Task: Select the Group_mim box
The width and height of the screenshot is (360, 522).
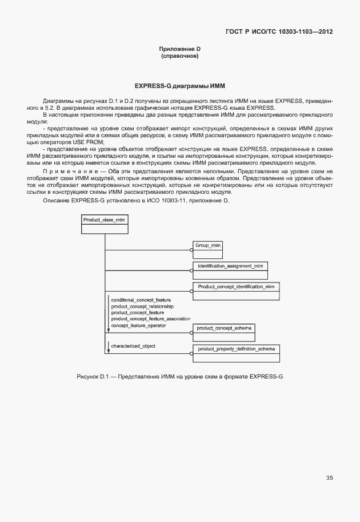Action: pos(208,249)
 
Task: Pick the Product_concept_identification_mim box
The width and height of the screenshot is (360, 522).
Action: pos(237,290)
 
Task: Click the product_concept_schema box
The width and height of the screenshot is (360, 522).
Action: pos(224,333)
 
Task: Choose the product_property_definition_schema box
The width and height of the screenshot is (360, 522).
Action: pos(236,353)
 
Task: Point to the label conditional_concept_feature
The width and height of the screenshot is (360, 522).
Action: pos(141,300)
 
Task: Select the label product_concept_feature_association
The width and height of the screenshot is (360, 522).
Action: pos(150,319)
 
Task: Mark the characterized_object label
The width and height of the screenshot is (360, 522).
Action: pos(133,346)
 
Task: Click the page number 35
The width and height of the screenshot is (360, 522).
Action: pos(329,477)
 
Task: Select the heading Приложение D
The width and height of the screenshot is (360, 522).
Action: pos(180,50)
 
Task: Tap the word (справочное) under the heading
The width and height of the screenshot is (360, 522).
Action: pos(180,57)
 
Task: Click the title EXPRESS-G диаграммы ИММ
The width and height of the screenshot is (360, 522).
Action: pos(180,86)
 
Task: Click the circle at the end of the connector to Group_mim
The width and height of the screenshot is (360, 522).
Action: pos(191,250)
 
